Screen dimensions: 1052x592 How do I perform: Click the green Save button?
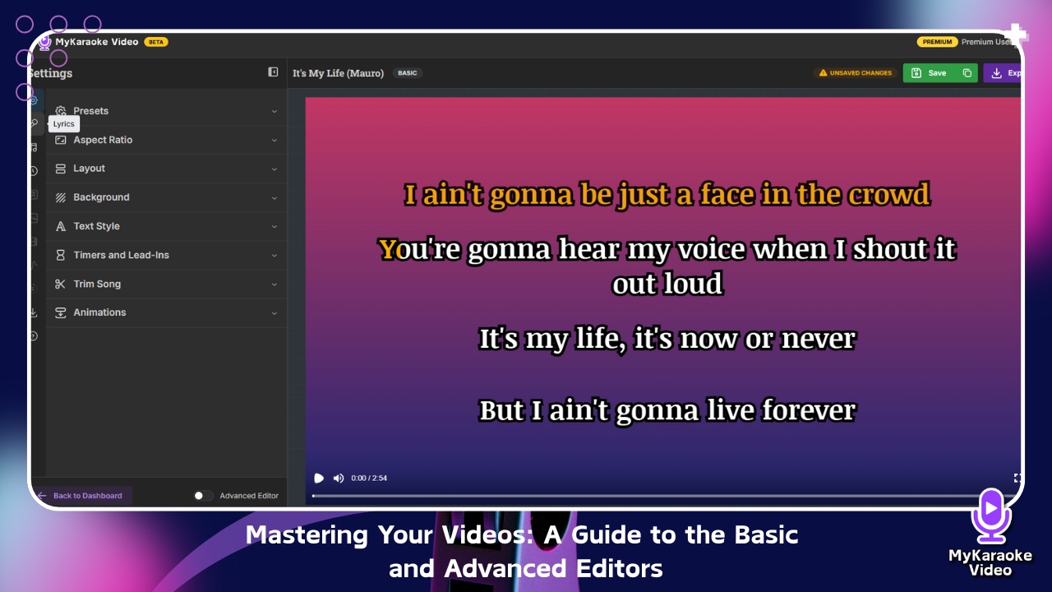pos(930,73)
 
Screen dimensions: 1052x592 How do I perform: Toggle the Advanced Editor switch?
pos(203,496)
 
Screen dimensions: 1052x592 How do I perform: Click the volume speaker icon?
pos(338,479)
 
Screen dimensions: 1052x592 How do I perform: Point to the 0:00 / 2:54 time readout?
pos(369,479)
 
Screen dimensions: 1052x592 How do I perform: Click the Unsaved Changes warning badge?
pos(856,73)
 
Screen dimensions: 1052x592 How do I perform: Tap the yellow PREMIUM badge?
pos(937,42)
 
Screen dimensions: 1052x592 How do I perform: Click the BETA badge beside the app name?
pos(156,42)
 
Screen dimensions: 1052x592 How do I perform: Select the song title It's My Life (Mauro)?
pos(338,73)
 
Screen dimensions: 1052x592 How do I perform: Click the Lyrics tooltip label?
pos(64,124)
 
